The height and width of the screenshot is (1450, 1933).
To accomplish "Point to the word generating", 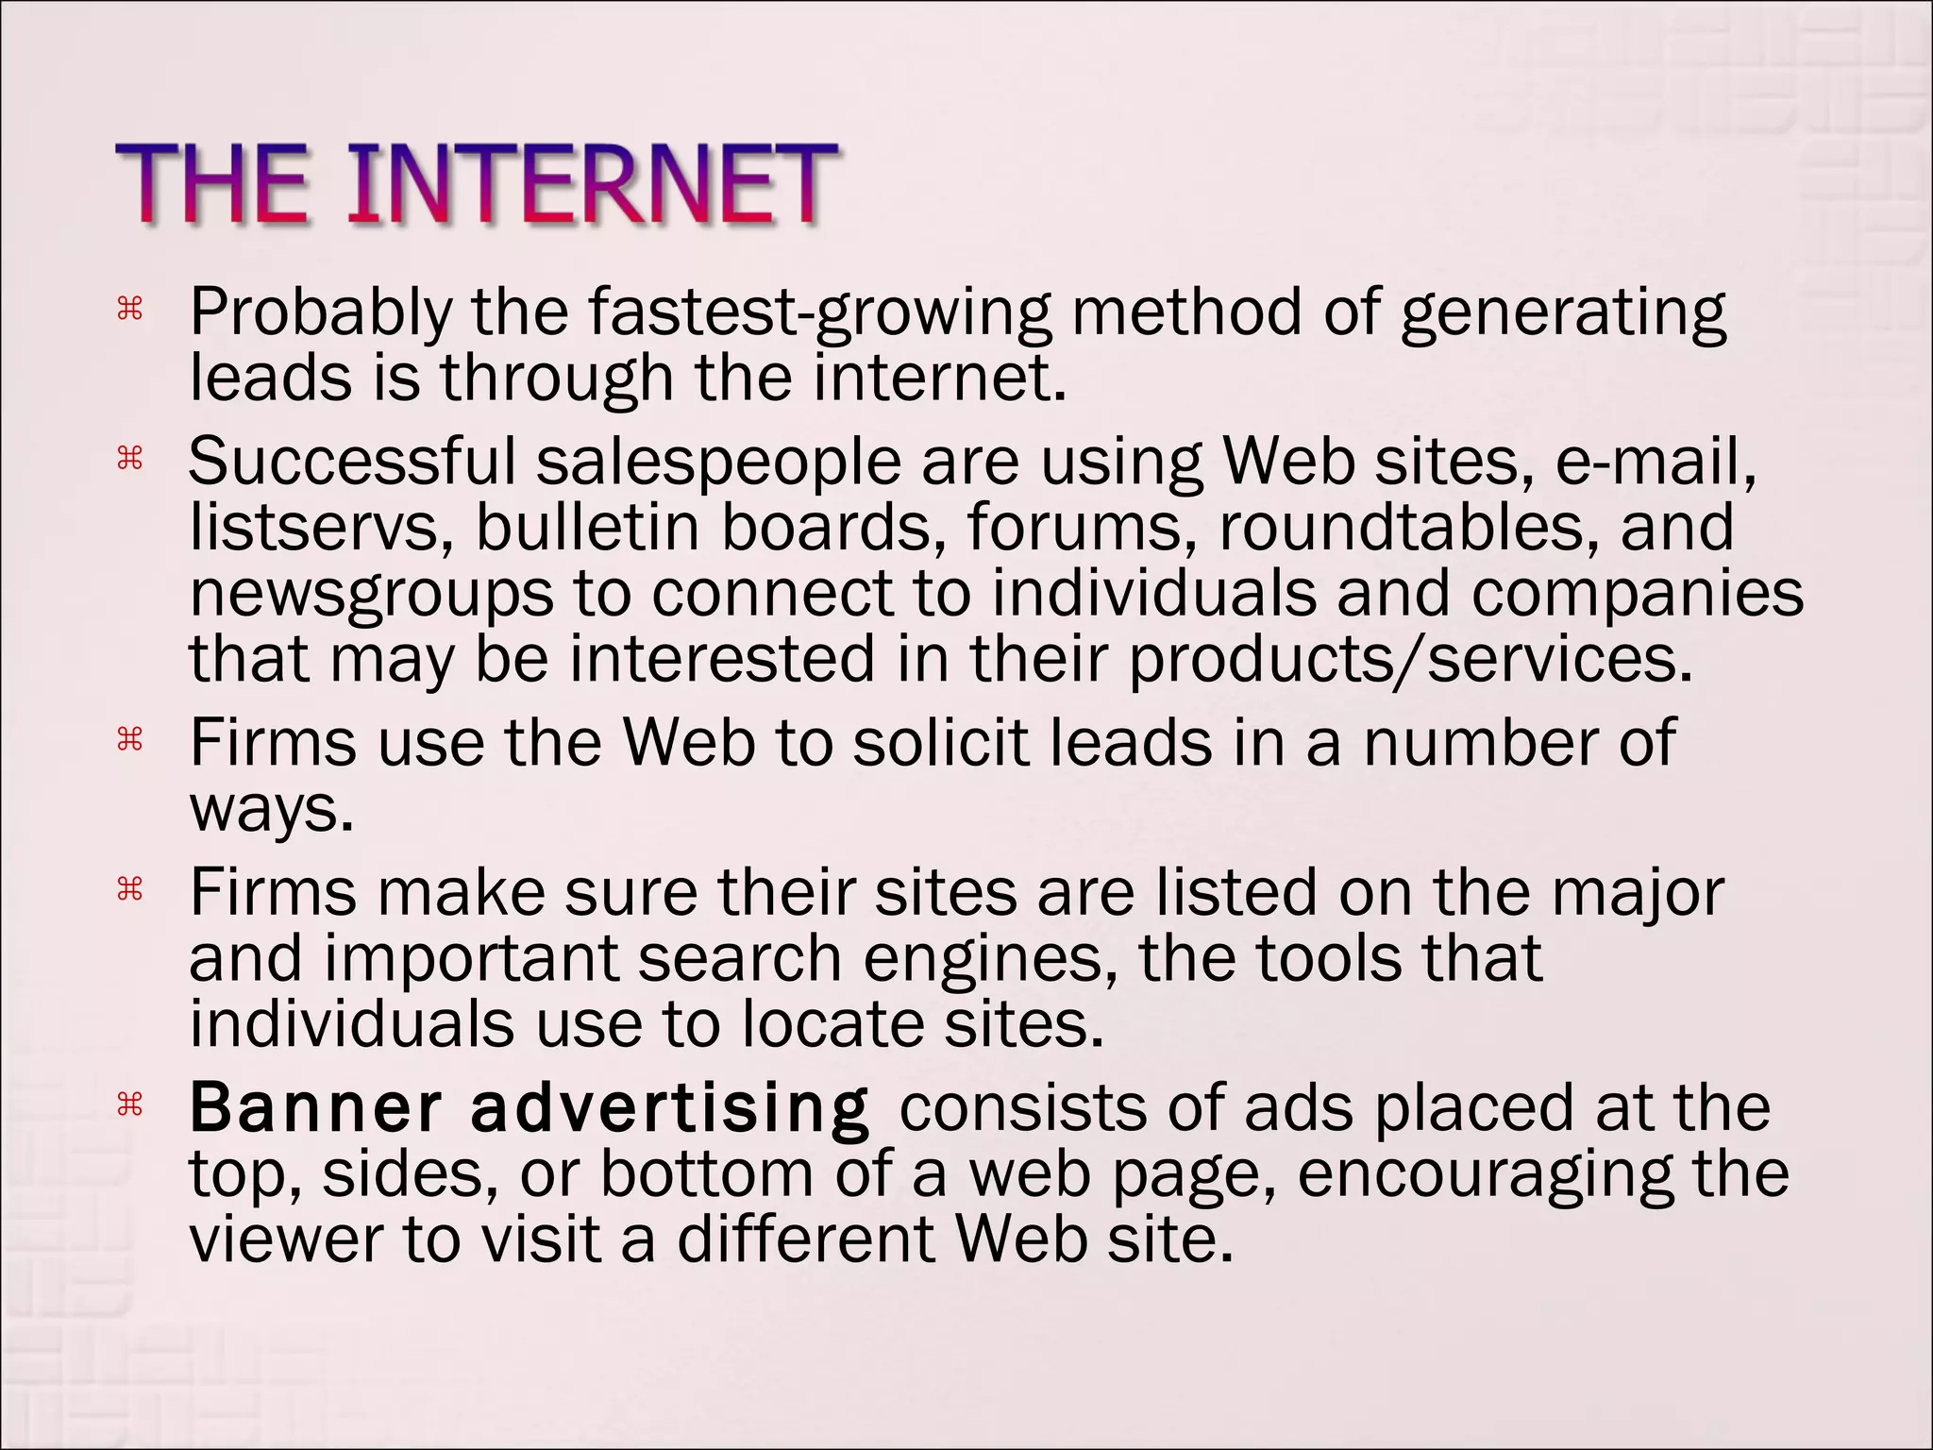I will tap(1563, 313).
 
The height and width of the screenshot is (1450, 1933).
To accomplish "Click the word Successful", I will tap(352, 462).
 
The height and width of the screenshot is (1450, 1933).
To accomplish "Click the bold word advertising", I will tap(669, 1109).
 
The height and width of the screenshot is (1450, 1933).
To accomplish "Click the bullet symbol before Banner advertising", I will tap(128, 1104).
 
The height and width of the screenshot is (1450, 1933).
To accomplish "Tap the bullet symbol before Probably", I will tap(128, 309).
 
